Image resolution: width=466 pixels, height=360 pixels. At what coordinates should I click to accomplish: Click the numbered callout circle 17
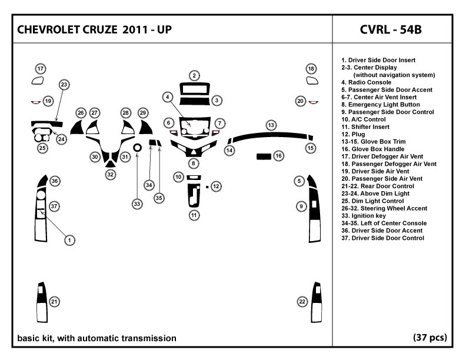41,69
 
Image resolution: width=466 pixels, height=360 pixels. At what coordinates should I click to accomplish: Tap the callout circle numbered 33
137,204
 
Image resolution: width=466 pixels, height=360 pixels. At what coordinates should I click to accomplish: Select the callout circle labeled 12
216,186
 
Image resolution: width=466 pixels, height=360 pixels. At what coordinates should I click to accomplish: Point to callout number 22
302,302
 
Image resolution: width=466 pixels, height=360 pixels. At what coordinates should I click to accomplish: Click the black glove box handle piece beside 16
264,156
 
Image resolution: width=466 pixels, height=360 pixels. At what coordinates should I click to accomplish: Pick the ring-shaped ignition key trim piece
137,147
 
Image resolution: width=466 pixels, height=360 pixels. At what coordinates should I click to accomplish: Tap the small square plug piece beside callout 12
207,187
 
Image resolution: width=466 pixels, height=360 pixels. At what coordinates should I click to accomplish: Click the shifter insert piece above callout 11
194,195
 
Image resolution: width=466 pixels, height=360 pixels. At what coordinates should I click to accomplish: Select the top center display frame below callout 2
194,88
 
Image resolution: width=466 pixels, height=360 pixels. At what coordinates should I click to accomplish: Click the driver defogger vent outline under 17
38,81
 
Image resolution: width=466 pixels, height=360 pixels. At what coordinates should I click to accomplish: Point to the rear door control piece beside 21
42,302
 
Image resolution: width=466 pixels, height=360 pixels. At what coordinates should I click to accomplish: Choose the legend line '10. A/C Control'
364,119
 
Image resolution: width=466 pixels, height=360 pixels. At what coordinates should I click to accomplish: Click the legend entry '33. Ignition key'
364,216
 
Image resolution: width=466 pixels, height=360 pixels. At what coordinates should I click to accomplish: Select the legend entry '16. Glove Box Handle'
372,149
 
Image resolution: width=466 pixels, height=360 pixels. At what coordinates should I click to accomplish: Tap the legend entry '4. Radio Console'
366,82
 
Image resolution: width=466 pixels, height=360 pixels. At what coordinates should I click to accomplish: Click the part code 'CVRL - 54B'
391,29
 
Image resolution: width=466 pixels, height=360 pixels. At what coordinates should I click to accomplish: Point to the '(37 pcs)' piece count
430,338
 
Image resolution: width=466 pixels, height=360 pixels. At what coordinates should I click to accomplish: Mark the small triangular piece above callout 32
110,164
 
